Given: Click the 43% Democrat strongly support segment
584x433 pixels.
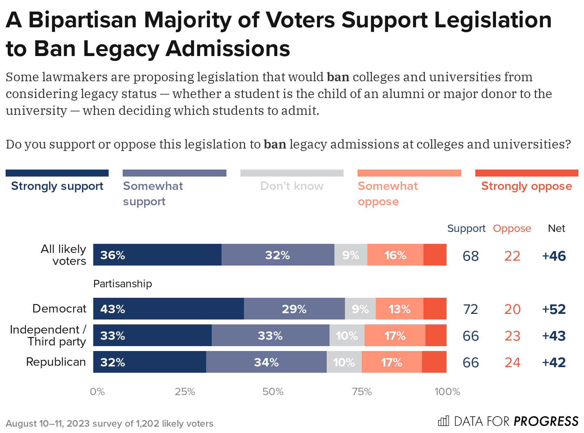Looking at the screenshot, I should tap(168, 309).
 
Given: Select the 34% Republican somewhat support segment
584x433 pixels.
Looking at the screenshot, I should tap(266, 362).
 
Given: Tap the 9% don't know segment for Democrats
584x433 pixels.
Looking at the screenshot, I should tap(360, 309).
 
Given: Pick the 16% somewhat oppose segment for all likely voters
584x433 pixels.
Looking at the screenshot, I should tap(395, 255).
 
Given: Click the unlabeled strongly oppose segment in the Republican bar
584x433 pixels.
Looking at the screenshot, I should tap(434, 362).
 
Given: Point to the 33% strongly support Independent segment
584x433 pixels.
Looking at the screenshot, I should tap(152, 335).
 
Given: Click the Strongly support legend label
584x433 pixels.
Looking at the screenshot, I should tap(57, 186).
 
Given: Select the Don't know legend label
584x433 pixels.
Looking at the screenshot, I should tap(292, 186).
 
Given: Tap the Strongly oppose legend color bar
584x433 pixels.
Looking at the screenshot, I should tap(527, 173).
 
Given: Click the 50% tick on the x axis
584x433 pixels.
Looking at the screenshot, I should tap(273, 392).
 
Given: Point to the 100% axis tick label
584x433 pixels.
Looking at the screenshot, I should tap(447, 392).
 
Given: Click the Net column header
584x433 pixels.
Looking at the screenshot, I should tap(556, 228).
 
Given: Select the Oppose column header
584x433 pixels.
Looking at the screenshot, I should tap(512, 228).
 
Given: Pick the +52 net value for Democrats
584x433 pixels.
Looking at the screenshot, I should tap(554, 309).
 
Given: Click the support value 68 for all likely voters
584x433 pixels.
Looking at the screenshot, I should tap(470, 256).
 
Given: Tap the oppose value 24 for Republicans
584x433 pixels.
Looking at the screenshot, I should tap(512, 363).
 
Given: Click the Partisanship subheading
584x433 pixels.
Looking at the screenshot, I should tap(122, 283).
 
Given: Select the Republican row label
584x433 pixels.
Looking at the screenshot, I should tap(56, 362).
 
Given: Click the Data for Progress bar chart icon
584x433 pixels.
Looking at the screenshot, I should tap(443, 421).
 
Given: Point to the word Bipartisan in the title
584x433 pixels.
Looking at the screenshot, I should tap(82, 20).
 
